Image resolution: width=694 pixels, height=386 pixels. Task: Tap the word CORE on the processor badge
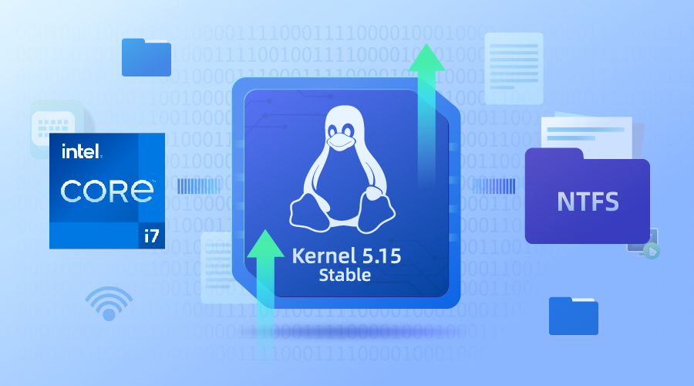(x=107, y=191)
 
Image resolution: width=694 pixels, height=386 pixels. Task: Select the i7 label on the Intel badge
(x=151, y=235)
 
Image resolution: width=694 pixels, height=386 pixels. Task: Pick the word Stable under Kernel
(x=345, y=275)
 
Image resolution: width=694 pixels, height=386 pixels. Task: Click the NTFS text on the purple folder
(x=588, y=201)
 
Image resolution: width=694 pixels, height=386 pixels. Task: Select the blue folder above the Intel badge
(x=146, y=57)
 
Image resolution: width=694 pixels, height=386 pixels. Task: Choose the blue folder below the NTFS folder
(x=573, y=315)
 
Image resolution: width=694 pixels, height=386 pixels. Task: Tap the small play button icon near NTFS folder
(x=652, y=249)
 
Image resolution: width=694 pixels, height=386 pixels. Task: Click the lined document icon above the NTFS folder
(x=510, y=61)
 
